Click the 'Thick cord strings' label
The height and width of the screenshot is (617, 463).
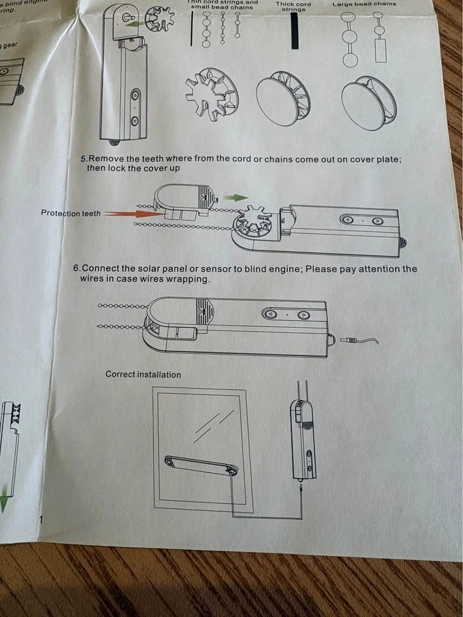point(293,6)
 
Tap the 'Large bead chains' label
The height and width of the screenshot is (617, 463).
point(364,4)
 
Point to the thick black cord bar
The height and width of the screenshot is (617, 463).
point(295,30)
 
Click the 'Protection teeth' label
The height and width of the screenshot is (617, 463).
point(71,213)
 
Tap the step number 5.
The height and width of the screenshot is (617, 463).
point(83,159)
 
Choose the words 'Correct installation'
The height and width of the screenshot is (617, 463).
point(143,374)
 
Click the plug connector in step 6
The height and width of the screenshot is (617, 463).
point(350,339)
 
